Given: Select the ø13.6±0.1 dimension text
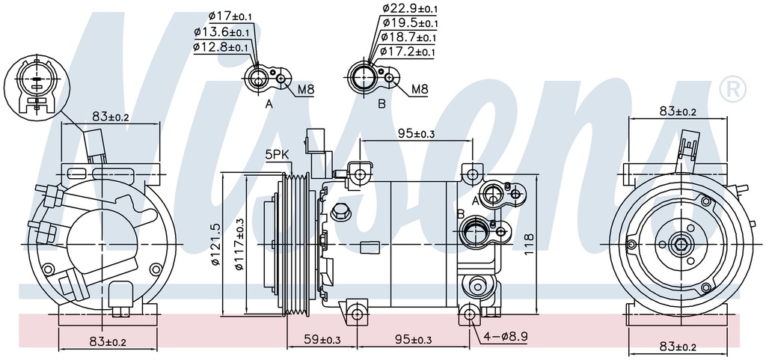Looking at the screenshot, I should pos(221,32).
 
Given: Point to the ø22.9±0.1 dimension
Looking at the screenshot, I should pos(409,8).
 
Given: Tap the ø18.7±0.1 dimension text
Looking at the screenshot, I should pos(408,37).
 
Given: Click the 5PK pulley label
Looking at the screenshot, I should pos(276,155).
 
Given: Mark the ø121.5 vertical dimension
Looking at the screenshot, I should pos(215,245).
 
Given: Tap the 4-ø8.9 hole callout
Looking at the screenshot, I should pos(506,337).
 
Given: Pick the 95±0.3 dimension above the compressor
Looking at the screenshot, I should pos(416,134).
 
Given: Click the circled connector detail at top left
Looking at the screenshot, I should pos(35,88).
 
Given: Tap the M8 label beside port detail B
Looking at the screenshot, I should pos(420,91).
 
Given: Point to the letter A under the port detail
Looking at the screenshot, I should pos(269,105).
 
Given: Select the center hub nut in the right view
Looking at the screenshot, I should pos(679,243).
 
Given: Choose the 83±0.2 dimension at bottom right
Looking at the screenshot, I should pos(677,346).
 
